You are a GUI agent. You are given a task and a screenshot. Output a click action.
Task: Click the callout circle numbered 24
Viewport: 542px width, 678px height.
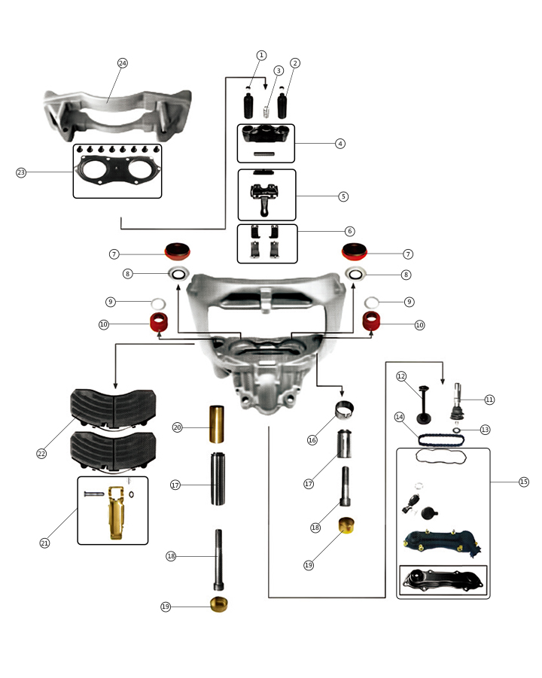click(x=123, y=63)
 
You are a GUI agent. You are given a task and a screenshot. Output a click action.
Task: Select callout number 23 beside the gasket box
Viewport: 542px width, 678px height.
click(x=21, y=172)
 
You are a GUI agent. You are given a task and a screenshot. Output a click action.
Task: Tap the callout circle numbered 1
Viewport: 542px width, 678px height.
click(x=261, y=55)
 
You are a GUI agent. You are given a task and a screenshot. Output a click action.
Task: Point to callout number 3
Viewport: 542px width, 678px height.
click(x=279, y=70)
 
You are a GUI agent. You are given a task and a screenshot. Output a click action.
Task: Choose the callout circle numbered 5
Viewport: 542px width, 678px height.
click(x=343, y=196)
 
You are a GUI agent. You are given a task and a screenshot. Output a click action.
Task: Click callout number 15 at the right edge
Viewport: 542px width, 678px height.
click(x=524, y=482)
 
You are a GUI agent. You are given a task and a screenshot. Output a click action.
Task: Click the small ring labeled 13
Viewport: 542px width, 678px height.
click(x=458, y=430)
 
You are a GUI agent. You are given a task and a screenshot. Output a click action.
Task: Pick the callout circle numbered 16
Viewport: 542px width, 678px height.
click(x=312, y=440)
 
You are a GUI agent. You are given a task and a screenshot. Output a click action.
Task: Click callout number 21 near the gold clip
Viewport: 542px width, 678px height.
click(x=44, y=543)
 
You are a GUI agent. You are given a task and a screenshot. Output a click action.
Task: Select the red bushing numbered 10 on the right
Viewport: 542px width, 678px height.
click(x=370, y=322)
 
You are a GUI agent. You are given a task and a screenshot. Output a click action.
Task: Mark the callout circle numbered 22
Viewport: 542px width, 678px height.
click(x=42, y=454)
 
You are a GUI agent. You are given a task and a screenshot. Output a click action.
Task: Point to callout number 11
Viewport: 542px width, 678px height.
click(x=490, y=400)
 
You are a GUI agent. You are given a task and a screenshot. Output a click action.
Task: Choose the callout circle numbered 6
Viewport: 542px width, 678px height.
click(x=350, y=231)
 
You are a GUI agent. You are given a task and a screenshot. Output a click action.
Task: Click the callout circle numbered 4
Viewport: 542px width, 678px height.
click(x=340, y=143)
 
